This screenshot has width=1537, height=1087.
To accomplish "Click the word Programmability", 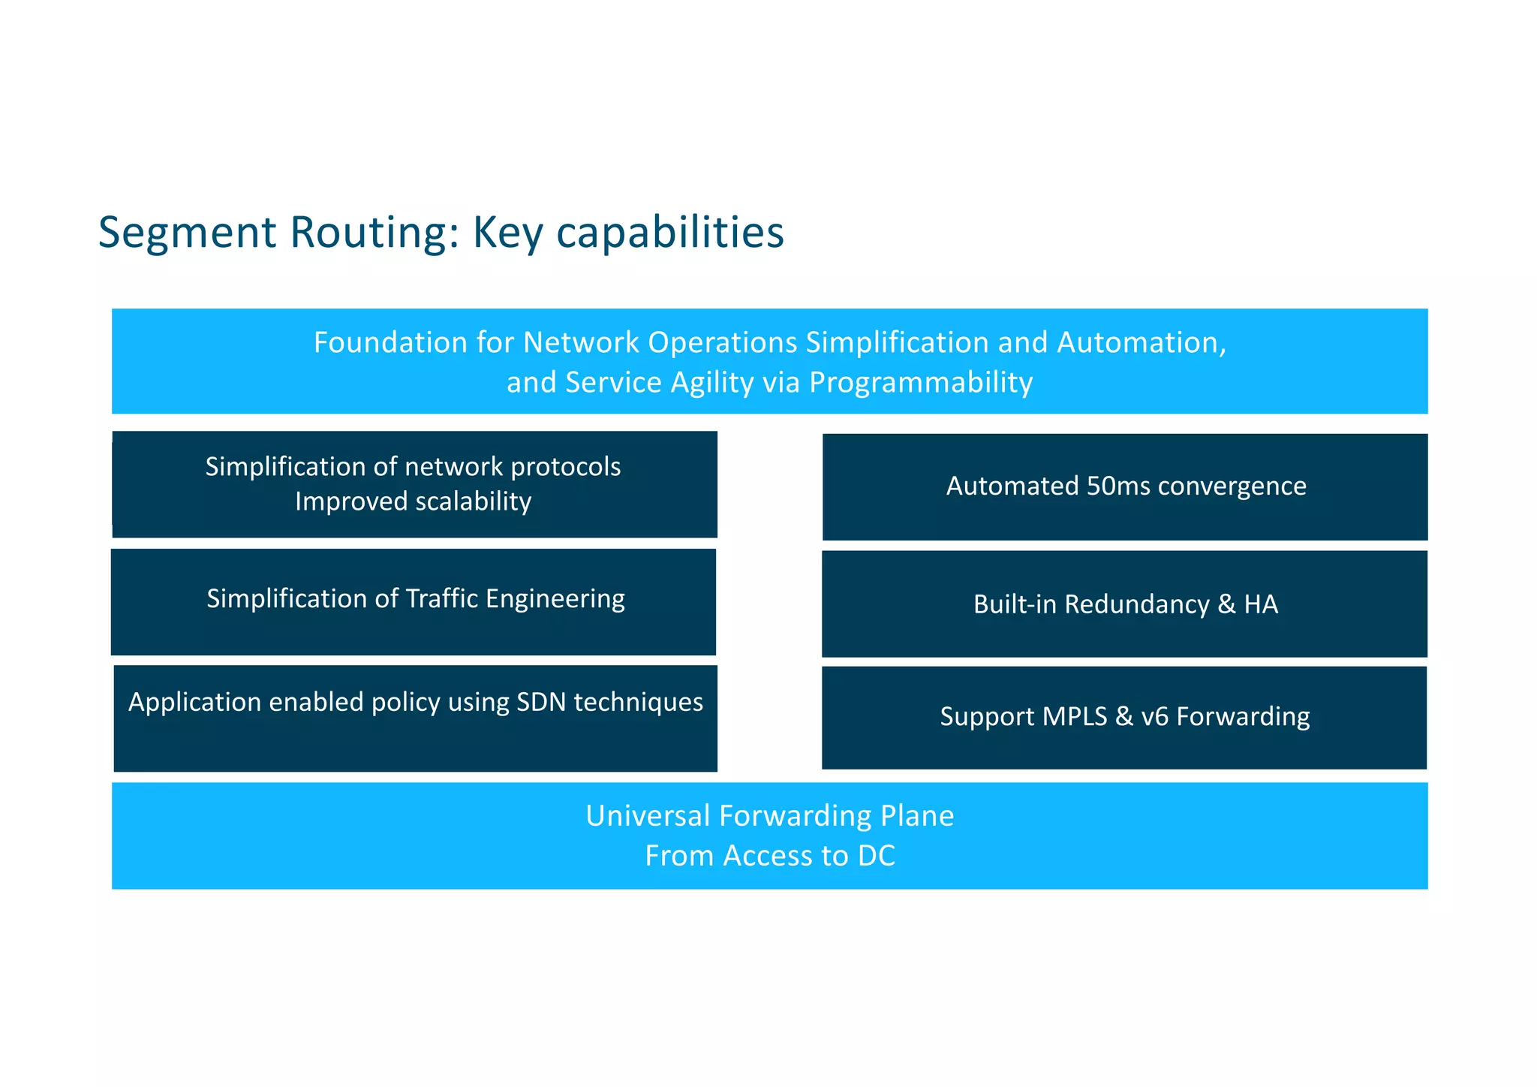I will pos(920,383).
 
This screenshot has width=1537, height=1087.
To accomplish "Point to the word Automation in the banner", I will pos(1141,342).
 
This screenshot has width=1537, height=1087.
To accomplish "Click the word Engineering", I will pos(555,599).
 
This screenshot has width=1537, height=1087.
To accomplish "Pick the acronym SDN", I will pos(541,702).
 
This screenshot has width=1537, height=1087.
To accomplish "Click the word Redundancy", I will pos(1136,604).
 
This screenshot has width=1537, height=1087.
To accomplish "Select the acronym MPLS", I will pos(1075,717).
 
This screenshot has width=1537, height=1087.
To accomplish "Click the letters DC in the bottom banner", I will pos(876,857).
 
